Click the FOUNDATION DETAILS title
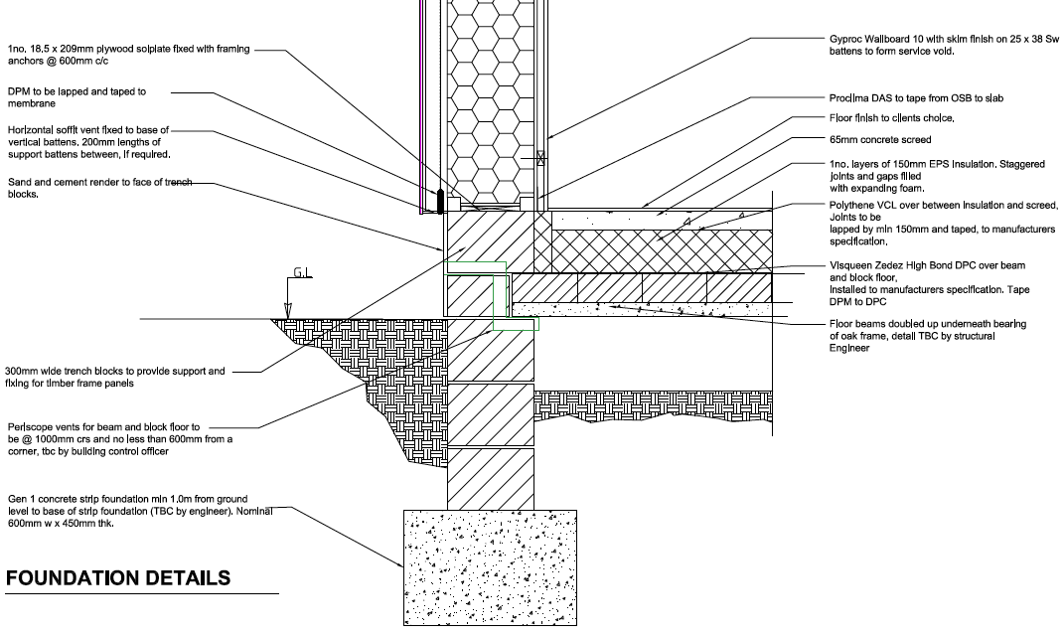(118, 577)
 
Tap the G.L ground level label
(302, 272)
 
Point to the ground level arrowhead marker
(288, 310)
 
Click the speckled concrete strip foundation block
(490, 567)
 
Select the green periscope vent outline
(500, 295)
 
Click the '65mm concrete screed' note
(880, 140)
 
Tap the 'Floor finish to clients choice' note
(891, 118)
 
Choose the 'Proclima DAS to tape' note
(916, 98)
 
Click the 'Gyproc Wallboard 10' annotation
(944, 45)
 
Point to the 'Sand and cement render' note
(99, 188)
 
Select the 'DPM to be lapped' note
(76, 97)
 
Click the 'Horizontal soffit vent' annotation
(88, 142)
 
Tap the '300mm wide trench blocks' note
(114, 377)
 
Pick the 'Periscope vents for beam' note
(120, 438)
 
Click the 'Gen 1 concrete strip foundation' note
(140, 511)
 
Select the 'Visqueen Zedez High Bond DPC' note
(930, 283)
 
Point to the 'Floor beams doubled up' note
(928, 336)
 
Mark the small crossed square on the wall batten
(540, 158)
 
